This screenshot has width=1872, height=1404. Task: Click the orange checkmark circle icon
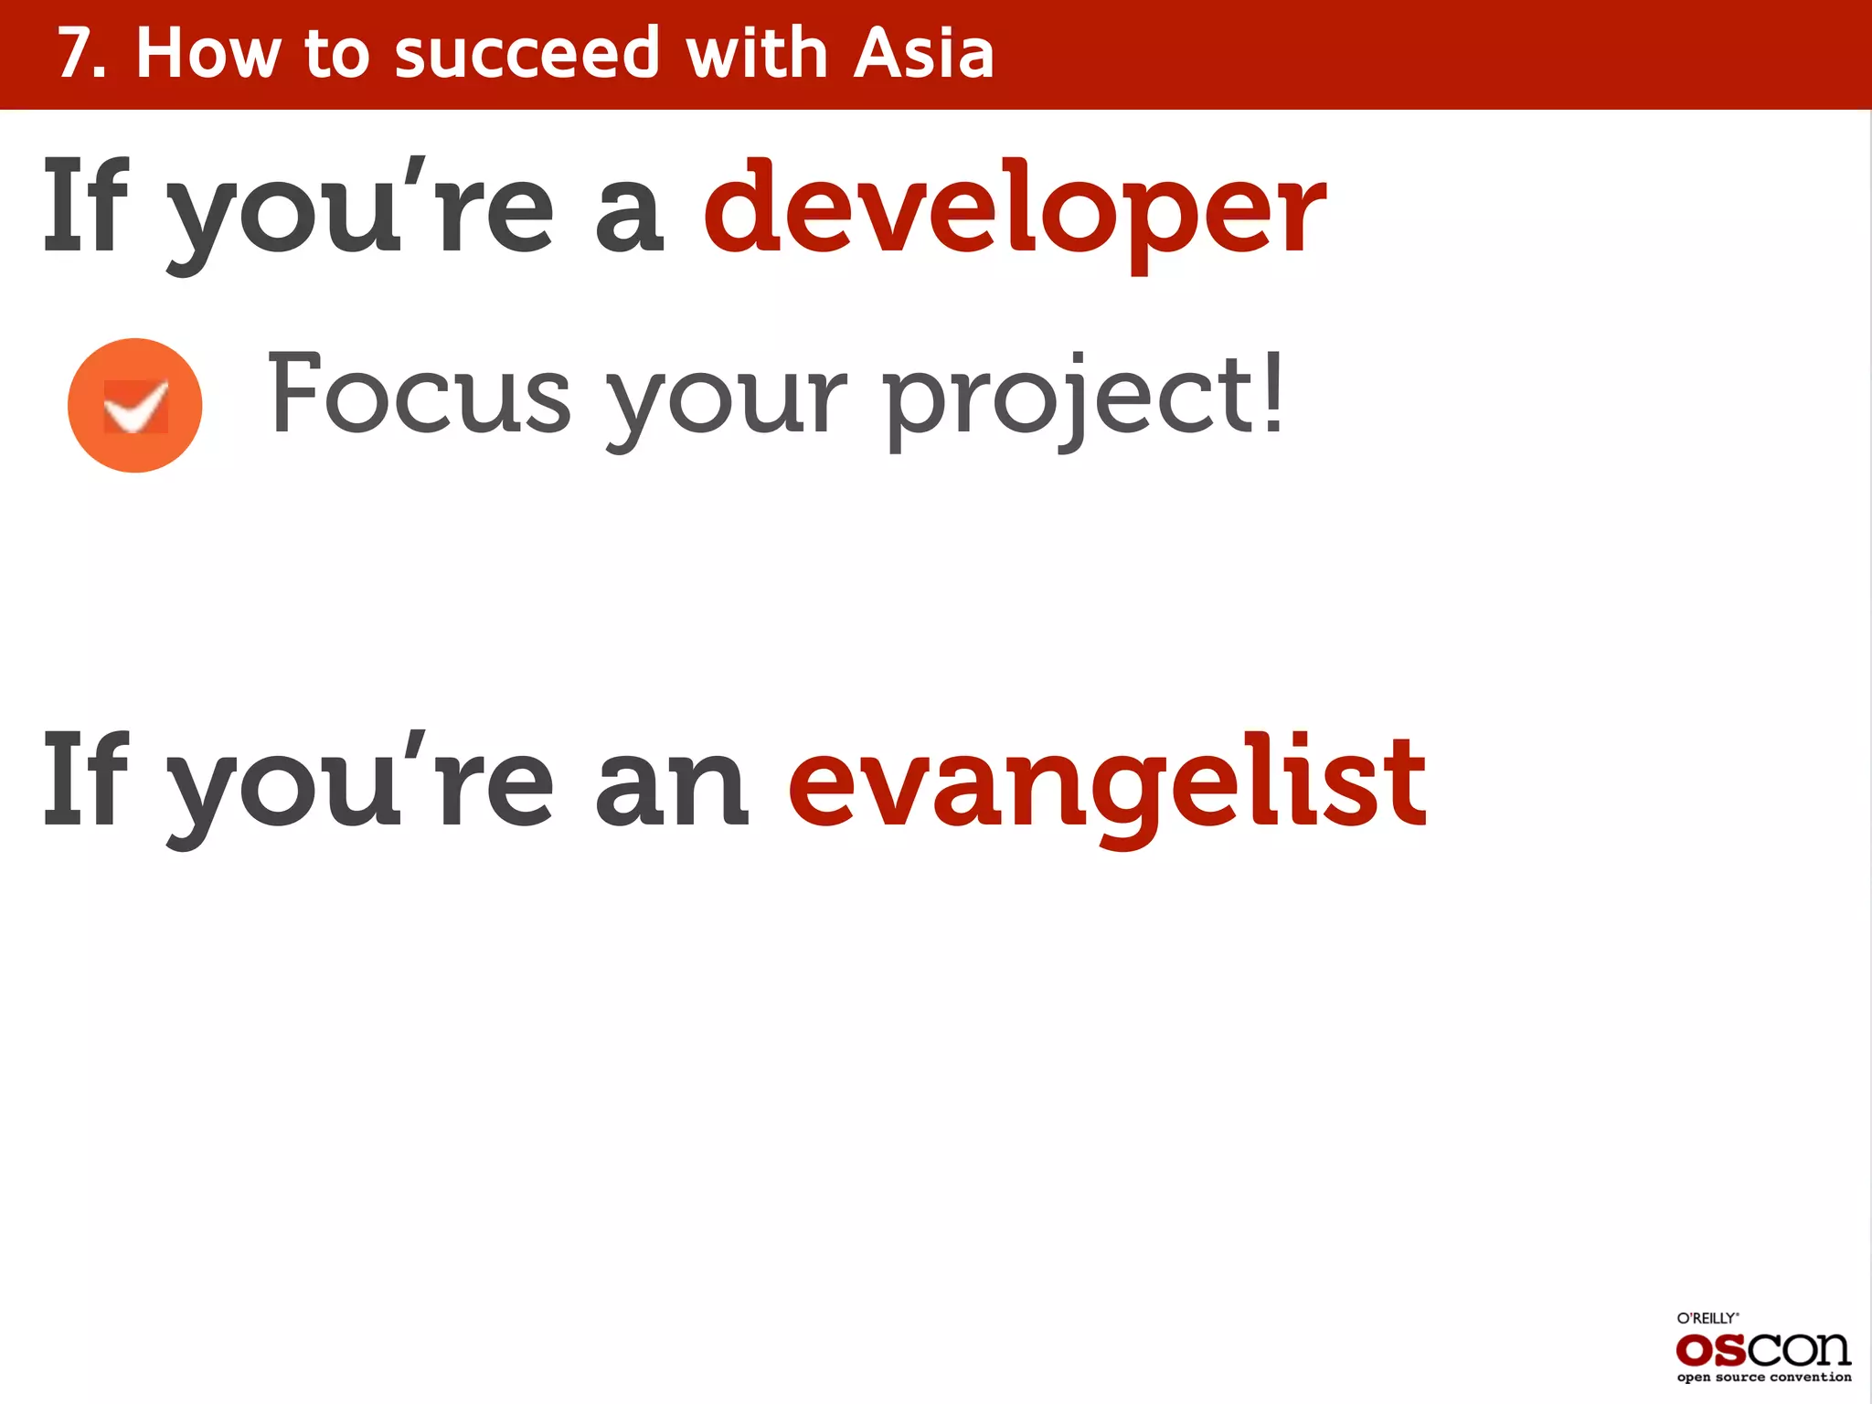[x=135, y=405]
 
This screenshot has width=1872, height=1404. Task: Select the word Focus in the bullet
[x=420, y=395]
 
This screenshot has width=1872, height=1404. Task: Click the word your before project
[x=728, y=402]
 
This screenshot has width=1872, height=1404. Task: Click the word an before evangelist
[x=672, y=786]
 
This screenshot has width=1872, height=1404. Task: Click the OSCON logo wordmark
[x=1762, y=1349]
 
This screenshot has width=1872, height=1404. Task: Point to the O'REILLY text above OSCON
[x=1707, y=1318]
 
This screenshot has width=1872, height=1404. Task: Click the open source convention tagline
[x=1763, y=1377]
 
